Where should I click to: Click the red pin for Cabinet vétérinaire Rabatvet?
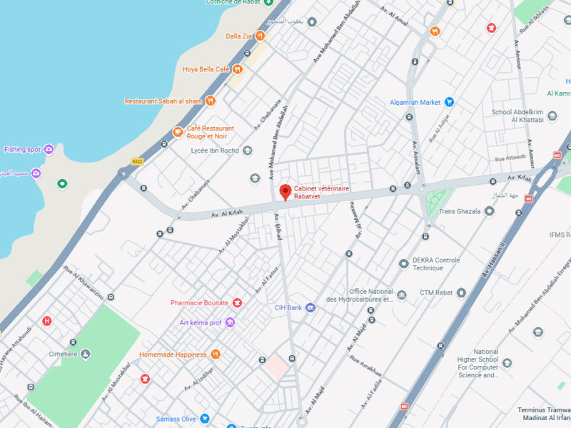click(x=285, y=191)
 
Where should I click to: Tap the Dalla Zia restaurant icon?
click(x=261, y=36)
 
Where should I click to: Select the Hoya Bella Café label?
click(x=206, y=69)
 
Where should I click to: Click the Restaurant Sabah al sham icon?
click(x=211, y=101)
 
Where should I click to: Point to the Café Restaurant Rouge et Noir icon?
click(x=178, y=132)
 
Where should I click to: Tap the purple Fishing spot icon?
click(x=49, y=149)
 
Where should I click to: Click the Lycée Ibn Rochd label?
click(x=215, y=151)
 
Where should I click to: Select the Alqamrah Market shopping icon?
click(x=449, y=102)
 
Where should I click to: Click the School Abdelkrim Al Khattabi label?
click(x=517, y=116)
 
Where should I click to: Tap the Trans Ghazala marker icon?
click(x=489, y=211)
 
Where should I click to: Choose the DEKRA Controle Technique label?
click(x=436, y=264)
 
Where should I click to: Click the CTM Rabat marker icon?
click(x=461, y=292)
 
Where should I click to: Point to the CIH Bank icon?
click(x=310, y=307)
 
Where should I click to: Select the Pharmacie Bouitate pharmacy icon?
click(x=237, y=302)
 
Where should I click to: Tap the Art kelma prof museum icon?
click(x=230, y=322)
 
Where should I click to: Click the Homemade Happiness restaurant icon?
click(x=216, y=355)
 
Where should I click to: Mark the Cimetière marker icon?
click(x=86, y=354)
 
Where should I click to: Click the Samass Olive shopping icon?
click(x=204, y=418)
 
